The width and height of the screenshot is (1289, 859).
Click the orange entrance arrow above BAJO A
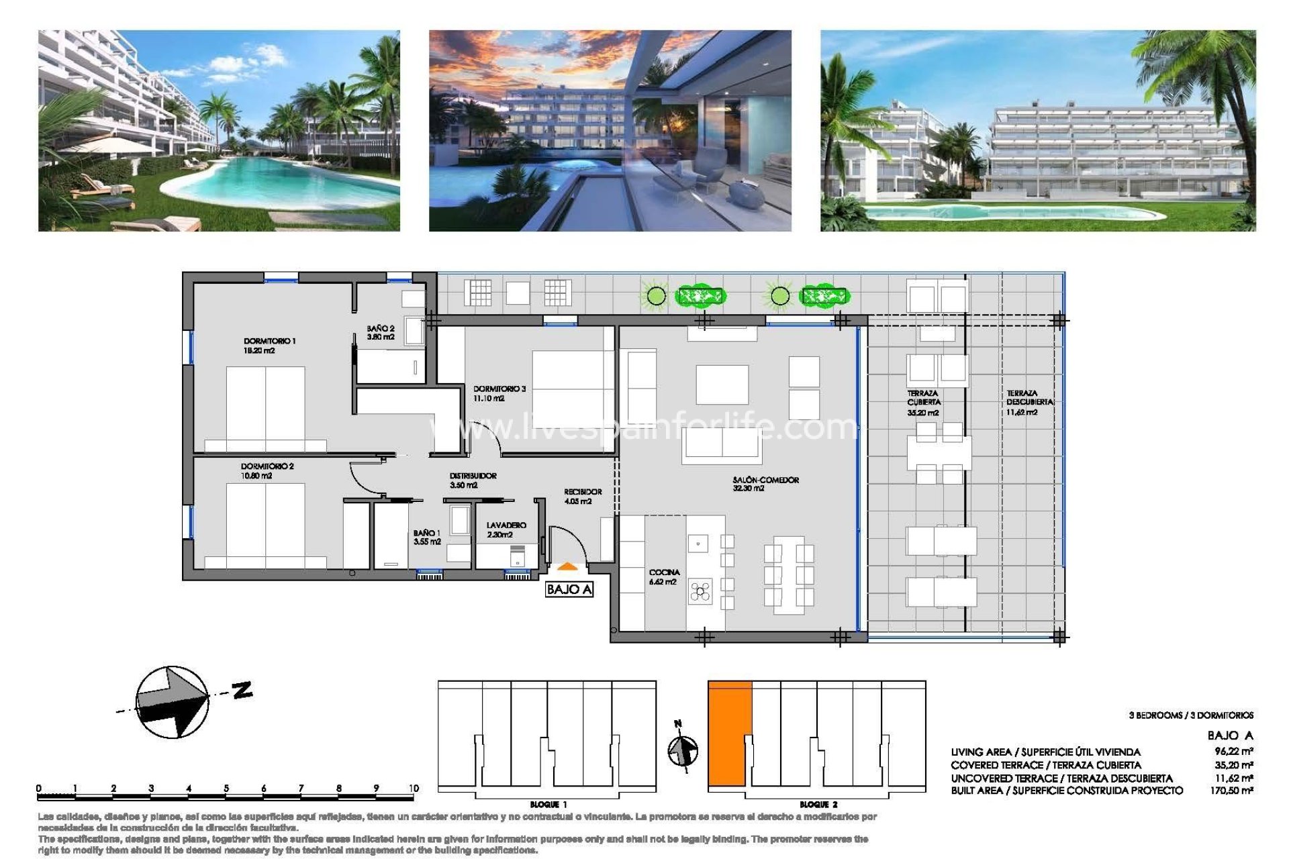tap(567, 566)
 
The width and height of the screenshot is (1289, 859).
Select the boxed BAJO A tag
tap(569, 589)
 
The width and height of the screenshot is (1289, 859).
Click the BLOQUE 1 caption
tap(548, 804)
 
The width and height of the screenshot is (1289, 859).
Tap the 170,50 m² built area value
tap(1231, 791)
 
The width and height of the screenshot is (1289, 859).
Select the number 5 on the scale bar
tap(226, 788)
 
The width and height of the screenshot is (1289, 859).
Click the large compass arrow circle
tap(173, 702)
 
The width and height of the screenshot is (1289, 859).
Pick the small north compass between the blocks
tap(683, 750)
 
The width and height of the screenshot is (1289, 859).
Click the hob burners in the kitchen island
tap(700, 591)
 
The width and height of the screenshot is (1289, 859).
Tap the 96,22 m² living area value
tap(1233, 752)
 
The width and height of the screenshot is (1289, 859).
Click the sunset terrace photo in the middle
tap(610, 131)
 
